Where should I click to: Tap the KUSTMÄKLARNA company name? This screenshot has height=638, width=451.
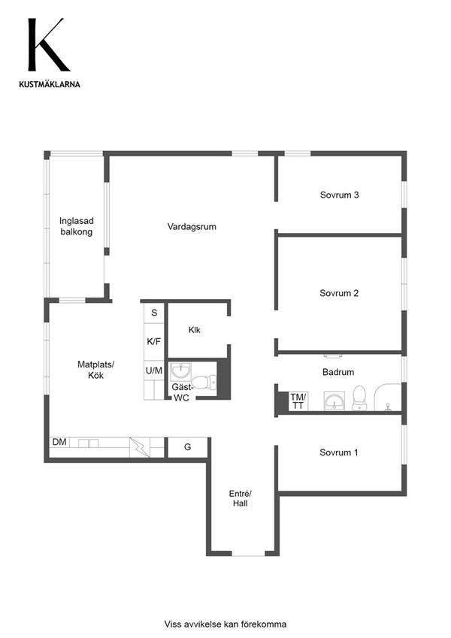point(50,84)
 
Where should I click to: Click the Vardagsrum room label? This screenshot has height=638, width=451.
point(192,227)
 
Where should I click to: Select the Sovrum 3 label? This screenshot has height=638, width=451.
point(340,195)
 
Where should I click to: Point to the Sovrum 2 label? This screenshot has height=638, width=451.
point(339,293)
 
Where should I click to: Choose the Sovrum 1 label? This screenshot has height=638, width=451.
point(339,452)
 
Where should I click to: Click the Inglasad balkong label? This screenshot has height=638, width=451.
point(77,226)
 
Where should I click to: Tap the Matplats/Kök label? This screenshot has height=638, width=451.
point(96,370)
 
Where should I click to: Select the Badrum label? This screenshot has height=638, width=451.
point(338,372)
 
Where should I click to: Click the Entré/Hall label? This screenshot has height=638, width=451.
point(240,498)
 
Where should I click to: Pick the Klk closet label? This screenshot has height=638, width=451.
point(195,330)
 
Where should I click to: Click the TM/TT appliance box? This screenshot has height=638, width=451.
point(298,401)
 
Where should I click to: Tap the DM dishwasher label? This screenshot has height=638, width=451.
point(60,442)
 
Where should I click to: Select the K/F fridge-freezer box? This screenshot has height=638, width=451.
point(154,342)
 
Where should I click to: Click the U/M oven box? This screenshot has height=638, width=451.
point(154,370)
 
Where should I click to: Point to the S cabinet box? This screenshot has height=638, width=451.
point(154,313)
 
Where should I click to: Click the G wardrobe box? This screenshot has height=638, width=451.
point(188,447)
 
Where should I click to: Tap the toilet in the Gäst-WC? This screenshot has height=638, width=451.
point(204,382)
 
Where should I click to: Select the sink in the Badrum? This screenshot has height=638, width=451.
point(334,401)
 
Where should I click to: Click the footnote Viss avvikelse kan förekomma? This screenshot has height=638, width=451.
point(225,624)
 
